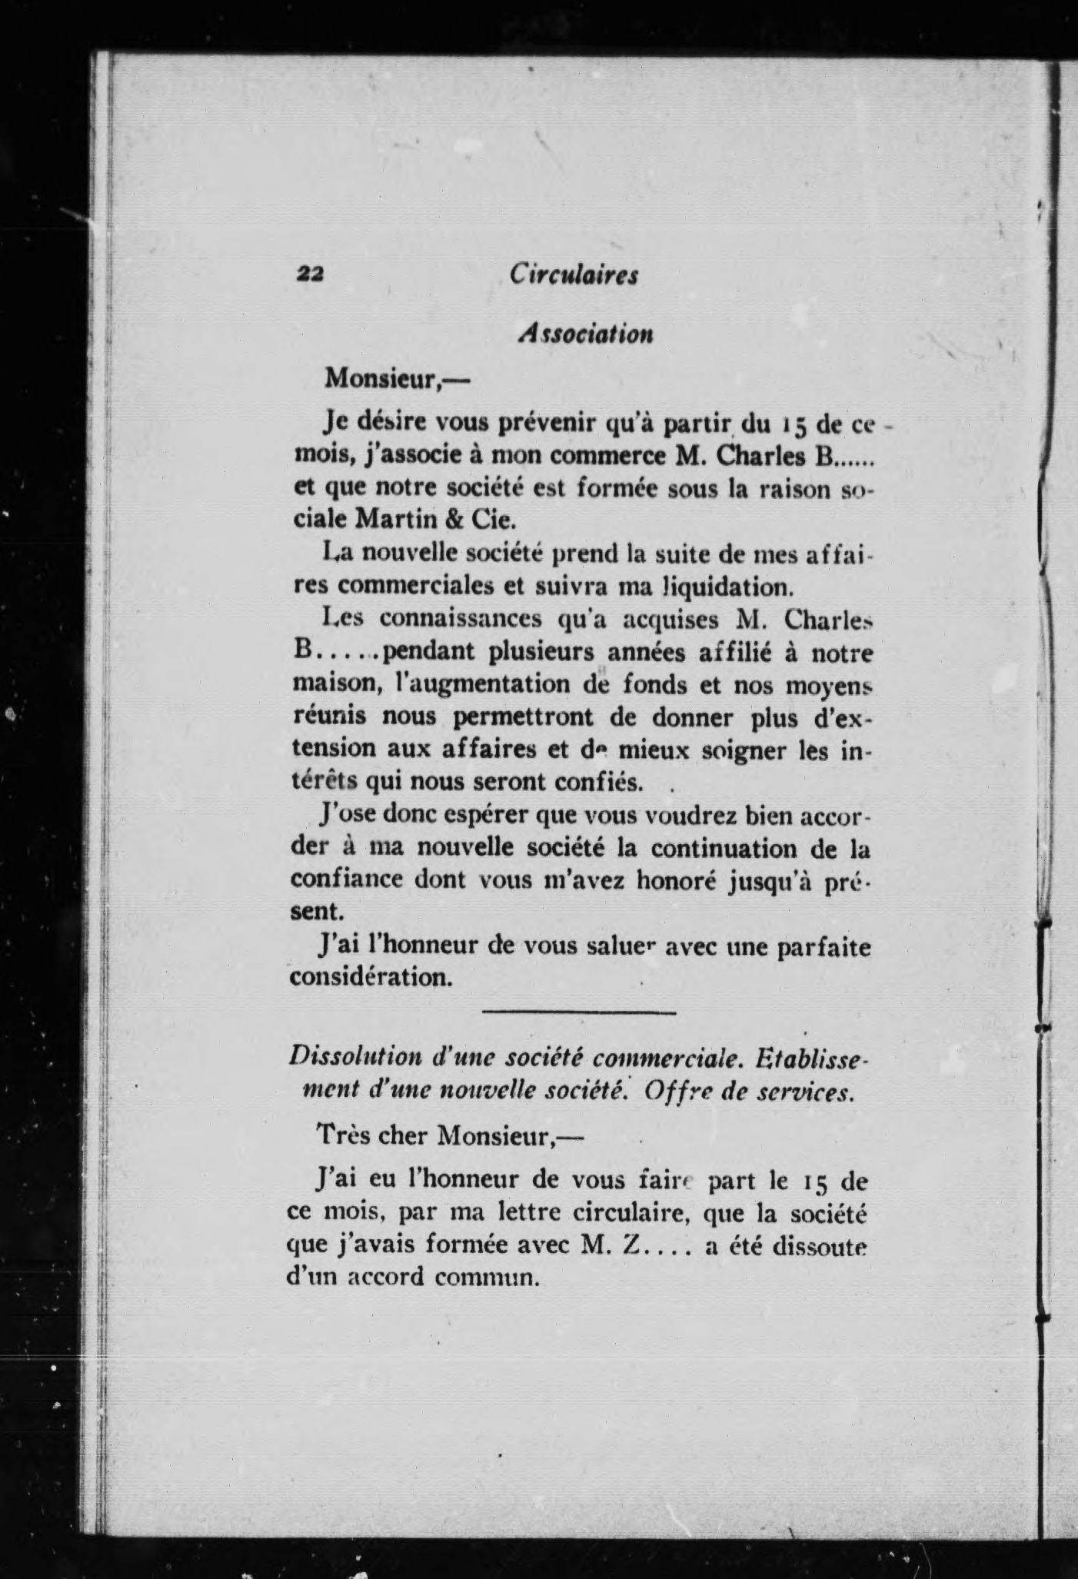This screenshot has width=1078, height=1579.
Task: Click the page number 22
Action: coord(310,274)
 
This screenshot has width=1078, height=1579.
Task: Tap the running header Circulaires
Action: coord(574,274)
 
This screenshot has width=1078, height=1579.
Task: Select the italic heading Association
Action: coord(586,333)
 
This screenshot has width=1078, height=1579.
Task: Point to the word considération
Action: coord(369,978)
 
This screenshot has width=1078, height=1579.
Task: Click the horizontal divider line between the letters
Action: coord(578,1012)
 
